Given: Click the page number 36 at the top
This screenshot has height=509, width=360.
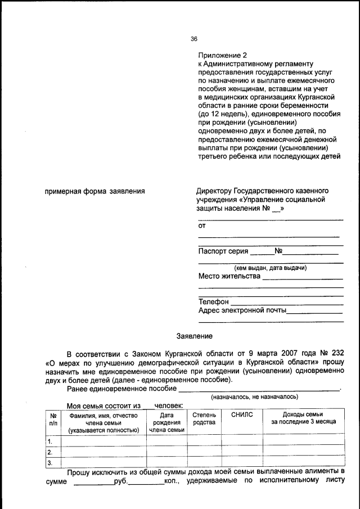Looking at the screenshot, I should click(194, 39).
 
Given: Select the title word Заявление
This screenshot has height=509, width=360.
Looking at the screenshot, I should click(194, 336).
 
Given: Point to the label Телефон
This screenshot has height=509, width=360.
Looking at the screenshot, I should click(213, 301).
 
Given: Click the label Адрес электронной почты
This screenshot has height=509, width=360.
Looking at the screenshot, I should click(242, 310).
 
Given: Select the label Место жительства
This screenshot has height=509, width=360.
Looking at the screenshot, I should click(229, 276).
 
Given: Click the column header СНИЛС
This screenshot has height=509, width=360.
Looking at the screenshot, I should click(242, 415).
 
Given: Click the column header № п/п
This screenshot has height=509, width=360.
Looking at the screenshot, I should click(53, 418).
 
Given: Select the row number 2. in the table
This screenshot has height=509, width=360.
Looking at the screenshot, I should click(50, 452).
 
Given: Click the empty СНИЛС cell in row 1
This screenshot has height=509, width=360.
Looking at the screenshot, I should click(242, 440).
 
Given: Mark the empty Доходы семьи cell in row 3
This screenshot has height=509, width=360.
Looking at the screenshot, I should click(303, 463).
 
